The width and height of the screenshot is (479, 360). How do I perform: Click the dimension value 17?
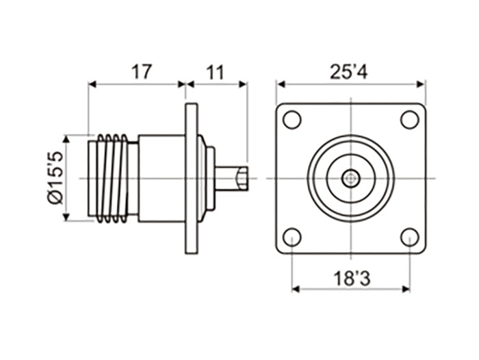point(142,72)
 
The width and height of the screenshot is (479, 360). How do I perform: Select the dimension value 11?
point(216,72)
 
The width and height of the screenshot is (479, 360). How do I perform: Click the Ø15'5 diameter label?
point(55,177)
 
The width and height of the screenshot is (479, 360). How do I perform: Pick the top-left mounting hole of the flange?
point(292,119)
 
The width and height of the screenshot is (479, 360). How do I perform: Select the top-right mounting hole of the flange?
point(409,119)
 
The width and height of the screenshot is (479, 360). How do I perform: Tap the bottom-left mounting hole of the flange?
point(292,237)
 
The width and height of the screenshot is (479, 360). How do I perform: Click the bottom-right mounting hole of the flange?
point(409,237)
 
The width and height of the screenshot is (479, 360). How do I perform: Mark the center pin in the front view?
point(351,179)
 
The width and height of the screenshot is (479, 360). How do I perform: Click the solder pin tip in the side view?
point(241,179)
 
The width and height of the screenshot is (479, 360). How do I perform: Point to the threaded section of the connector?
point(109,179)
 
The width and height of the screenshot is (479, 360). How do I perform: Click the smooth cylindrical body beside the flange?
point(161,179)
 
